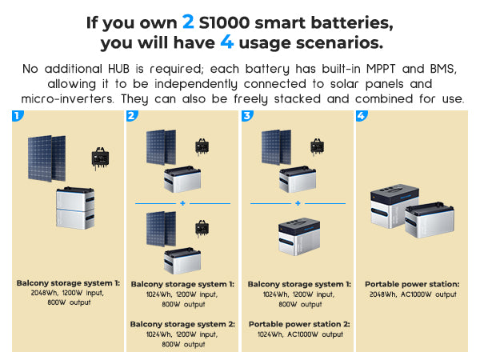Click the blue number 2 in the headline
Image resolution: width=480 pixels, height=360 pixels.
[x=188, y=22]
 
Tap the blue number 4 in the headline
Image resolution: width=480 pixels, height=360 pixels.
[x=227, y=42]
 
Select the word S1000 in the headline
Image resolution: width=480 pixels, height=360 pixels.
[x=224, y=22]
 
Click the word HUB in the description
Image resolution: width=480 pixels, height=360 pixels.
[x=118, y=69]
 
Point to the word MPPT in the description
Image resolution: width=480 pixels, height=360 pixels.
[x=381, y=69]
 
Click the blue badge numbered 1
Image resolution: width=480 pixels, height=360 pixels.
[x=18, y=116]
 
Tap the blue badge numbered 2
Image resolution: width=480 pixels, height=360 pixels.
[x=132, y=116]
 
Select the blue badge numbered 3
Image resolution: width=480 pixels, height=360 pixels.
[x=247, y=116]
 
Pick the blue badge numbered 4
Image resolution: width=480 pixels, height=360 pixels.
[x=362, y=116]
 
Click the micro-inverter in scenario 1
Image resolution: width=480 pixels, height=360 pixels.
[x=100, y=158]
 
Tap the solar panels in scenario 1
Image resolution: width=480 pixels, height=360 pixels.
[x=47, y=158]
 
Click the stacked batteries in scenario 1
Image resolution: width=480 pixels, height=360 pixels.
[x=75, y=208]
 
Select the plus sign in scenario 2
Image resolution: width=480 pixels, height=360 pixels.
[x=182, y=203]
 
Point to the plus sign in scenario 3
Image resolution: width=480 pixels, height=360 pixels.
[x=298, y=203]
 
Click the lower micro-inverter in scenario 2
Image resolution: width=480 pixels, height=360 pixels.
[x=202, y=228]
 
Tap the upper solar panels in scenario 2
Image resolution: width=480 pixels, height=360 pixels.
[x=161, y=147]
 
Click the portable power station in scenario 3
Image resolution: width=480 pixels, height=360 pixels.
[x=299, y=236]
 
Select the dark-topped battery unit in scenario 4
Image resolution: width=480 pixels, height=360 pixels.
[x=394, y=206]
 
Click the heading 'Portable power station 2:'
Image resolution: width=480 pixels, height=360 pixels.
[x=299, y=324]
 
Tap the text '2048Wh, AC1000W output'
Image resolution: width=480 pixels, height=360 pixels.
[x=413, y=294]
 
